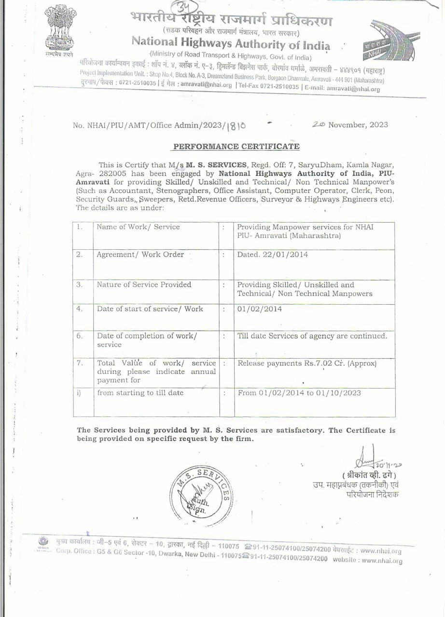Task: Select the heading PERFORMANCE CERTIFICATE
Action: click(236, 146)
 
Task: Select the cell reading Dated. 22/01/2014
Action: click(273, 255)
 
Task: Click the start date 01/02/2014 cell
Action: click(260, 309)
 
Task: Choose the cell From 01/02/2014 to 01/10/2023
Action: click(299, 393)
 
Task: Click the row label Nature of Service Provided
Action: click(144, 284)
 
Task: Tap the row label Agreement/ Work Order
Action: click(140, 255)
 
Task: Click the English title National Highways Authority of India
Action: click(231, 43)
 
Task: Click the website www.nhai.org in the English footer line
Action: click(381, 560)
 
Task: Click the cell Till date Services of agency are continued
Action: click(312, 335)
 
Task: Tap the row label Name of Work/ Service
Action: click(139, 227)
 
